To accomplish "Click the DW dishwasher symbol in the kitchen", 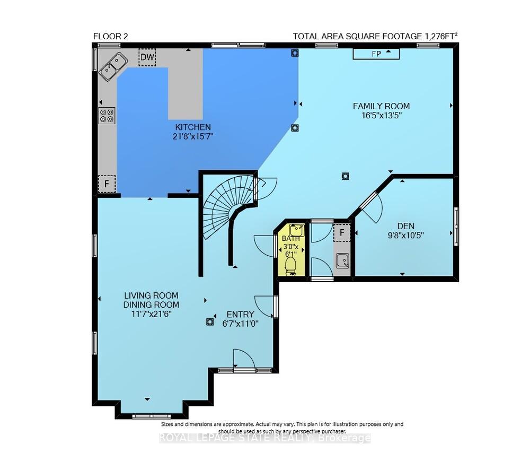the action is [147, 57].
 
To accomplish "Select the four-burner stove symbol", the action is [107, 116].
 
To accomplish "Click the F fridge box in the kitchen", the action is [107, 184].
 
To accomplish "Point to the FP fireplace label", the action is [376, 54].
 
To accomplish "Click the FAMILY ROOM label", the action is [381, 106].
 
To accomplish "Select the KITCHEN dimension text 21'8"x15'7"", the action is [193, 136].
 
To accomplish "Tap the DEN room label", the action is [405, 225].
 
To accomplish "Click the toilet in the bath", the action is [290, 266].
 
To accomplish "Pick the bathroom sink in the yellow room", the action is [296, 230].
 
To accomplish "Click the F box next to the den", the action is [342, 232].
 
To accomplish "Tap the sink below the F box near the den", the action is [342, 260].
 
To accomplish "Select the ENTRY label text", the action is [240, 315].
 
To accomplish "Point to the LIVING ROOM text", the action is [151, 295].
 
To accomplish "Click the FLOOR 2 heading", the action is [111, 36].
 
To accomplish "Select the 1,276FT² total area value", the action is [441, 36].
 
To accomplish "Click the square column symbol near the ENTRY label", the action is [210, 322].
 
